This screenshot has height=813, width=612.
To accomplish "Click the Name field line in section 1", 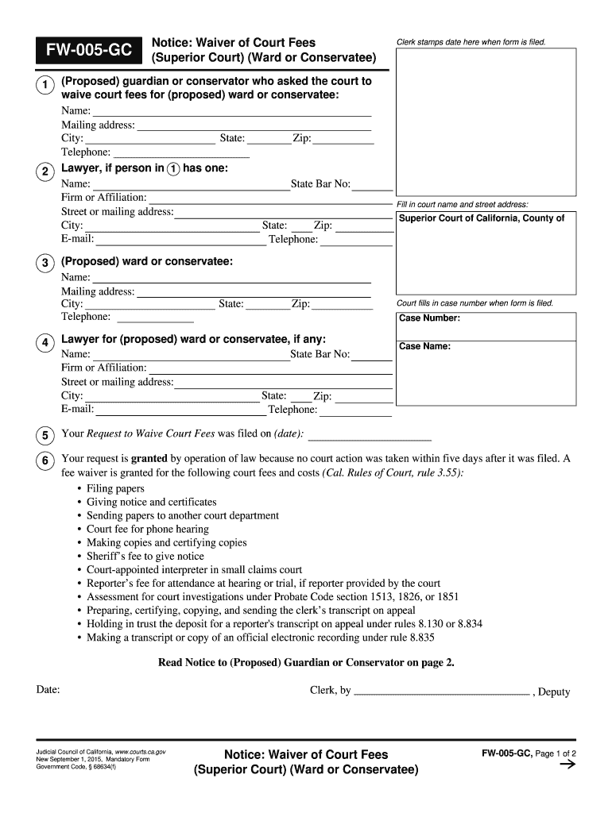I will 231,111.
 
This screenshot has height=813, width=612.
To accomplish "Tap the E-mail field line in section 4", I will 181,410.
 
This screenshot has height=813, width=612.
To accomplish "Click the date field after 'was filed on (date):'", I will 369,435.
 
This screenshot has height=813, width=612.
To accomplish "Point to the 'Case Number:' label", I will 429,318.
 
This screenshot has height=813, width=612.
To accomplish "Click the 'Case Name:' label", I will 424,346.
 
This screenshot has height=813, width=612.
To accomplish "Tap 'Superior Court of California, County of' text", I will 481,218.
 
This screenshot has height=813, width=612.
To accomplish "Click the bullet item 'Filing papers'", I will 115,489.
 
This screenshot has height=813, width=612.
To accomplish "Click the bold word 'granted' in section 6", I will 149,459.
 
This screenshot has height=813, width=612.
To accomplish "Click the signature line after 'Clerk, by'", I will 441,692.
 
